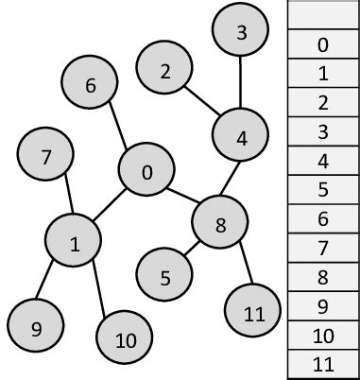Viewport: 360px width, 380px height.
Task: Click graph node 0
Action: (146, 171)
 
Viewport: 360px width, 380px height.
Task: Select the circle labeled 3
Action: (241, 33)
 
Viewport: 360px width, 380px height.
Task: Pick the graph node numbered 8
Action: (220, 224)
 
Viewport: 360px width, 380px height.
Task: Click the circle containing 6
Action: (91, 84)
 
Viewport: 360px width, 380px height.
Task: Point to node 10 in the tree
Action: (125, 340)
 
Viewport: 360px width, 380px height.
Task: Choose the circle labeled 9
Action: (36, 328)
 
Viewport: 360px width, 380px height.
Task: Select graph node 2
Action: (165, 71)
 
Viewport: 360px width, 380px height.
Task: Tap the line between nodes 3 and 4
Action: (241, 85)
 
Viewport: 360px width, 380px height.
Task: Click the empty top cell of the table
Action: (323, 16)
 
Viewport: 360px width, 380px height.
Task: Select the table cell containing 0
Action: (323, 44)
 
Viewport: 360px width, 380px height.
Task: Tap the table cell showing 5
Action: (323, 189)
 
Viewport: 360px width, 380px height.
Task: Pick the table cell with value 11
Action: (323, 364)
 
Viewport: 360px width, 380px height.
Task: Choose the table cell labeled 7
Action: (323, 248)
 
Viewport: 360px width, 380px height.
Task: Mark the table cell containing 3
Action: (323, 131)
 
